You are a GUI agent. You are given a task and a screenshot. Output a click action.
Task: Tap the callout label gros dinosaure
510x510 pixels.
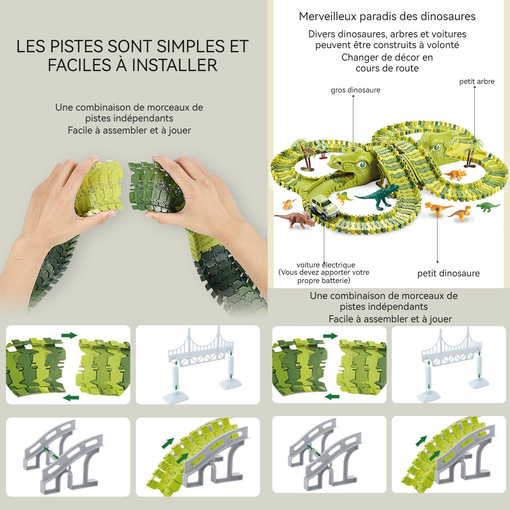355,90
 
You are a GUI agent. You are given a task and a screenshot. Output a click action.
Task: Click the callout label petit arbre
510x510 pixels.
477,82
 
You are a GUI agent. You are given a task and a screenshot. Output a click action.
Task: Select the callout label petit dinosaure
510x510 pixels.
448,273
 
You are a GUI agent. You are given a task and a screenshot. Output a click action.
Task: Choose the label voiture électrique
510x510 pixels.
326,265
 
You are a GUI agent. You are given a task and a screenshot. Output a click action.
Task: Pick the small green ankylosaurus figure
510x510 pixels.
488,206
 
